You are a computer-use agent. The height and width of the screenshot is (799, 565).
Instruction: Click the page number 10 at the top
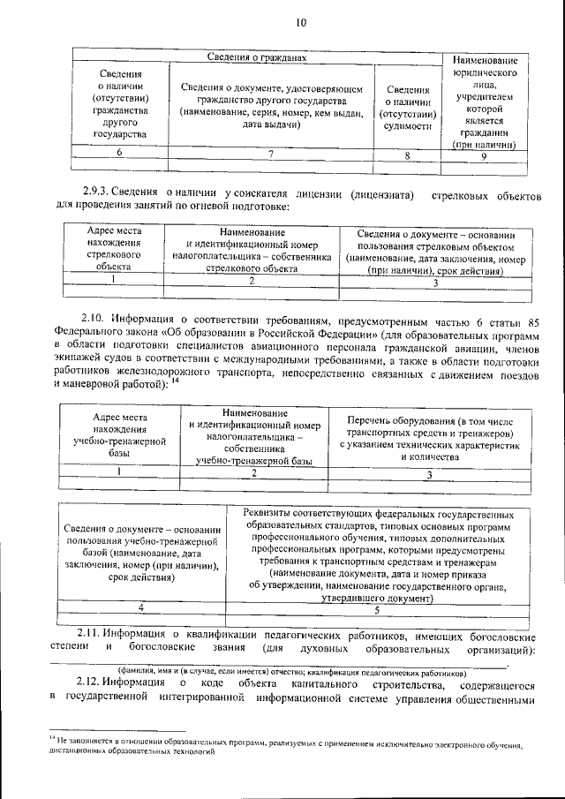pyautogui.click(x=300, y=23)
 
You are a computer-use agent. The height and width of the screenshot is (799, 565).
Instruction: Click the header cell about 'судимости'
pyautogui.click(x=408, y=108)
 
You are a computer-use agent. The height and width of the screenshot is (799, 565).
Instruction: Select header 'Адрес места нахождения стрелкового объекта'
pyautogui.click(x=114, y=250)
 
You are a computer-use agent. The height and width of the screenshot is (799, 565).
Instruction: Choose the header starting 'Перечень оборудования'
pyautogui.click(x=429, y=440)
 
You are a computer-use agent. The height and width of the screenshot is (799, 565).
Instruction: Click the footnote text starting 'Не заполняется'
pyautogui.click(x=291, y=750)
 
